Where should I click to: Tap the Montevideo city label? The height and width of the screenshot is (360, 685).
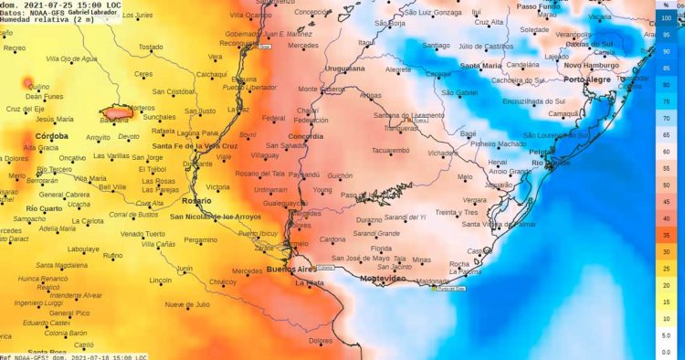[x=383, y=278]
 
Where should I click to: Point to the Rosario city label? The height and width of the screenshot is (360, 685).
[x=196, y=200]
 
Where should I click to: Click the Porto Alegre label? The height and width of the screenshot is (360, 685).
[x=587, y=79]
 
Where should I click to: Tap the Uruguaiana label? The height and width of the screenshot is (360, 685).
[x=344, y=69]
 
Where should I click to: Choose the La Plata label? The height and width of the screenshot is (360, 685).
[x=309, y=283]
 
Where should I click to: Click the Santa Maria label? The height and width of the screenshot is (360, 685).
[x=480, y=66]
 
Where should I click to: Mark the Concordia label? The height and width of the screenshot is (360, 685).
[x=305, y=136]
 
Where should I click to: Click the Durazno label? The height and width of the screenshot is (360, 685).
[x=369, y=220]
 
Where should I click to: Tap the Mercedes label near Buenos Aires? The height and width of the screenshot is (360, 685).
[x=247, y=271]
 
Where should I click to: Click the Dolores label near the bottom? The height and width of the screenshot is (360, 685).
[x=320, y=341]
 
